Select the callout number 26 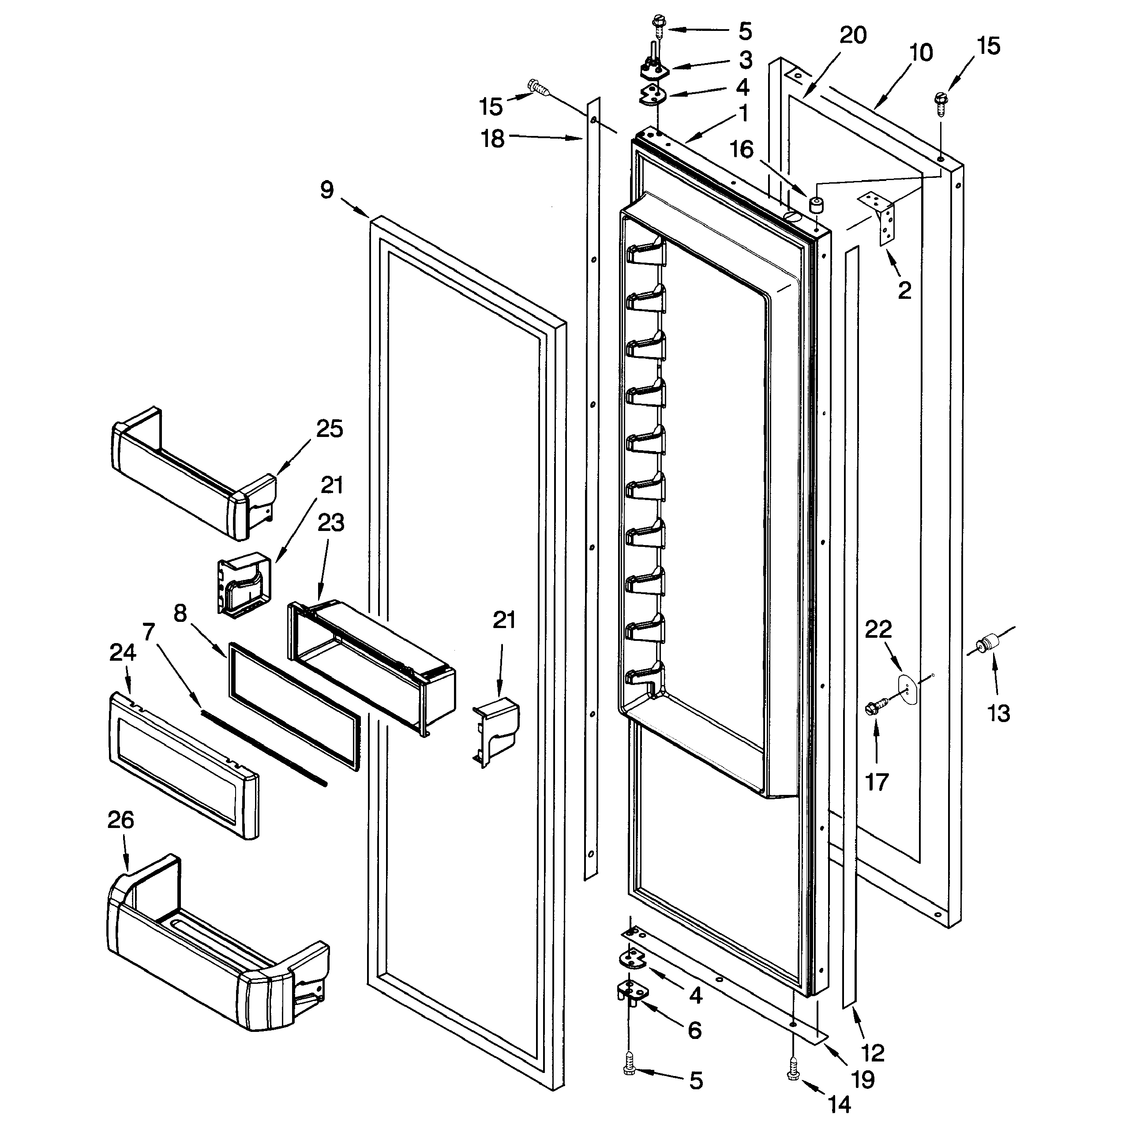[121, 820]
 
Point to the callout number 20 [853, 36]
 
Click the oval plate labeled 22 [907, 688]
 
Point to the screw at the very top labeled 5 [658, 26]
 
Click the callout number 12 [873, 1053]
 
